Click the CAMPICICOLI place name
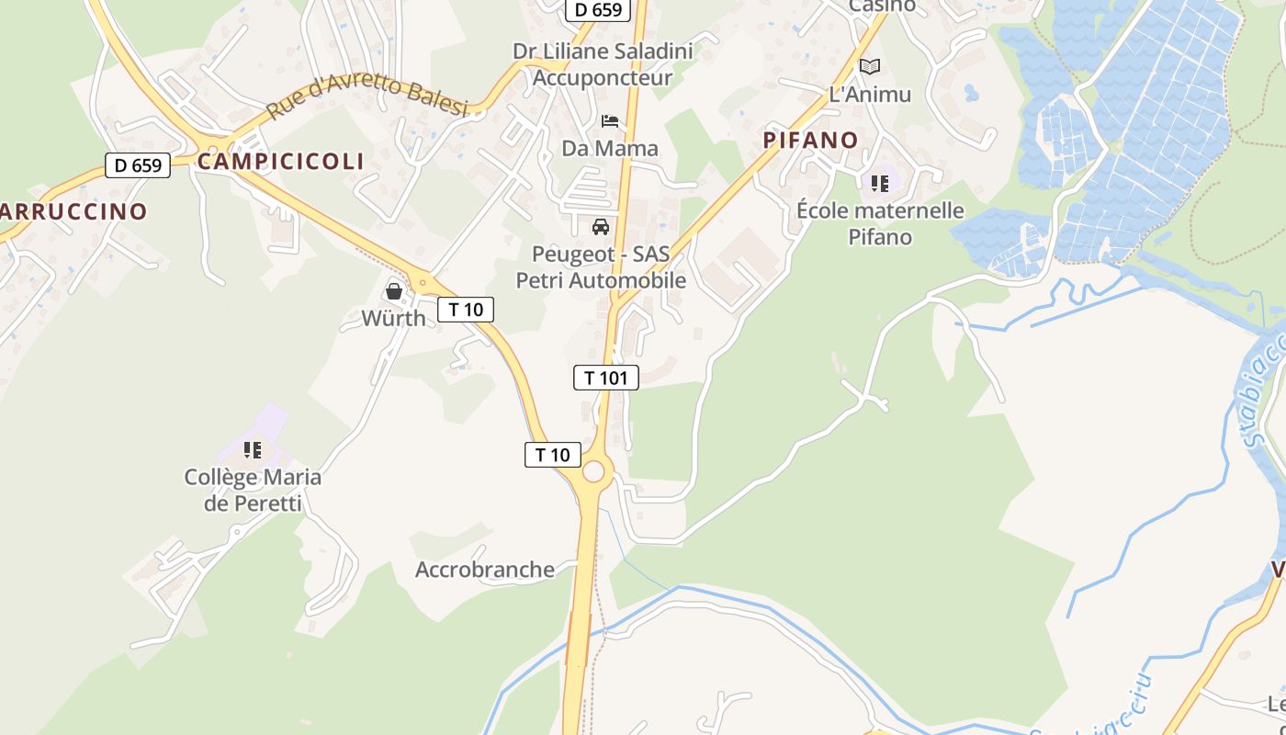(x=281, y=162)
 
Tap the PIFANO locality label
(x=811, y=141)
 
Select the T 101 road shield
(x=606, y=378)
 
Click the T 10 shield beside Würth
(x=466, y=310)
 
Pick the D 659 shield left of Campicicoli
(x=138, y=166)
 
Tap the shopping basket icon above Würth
(x=394, y=291)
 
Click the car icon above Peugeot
(x=601, y=227)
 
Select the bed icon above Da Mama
(x=610, y=121)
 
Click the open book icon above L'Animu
(x=870, y=66)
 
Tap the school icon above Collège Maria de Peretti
(x=253, y=450)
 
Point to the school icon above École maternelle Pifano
(x=880, y=184)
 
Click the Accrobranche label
(x=485, y=570)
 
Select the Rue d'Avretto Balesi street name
(x=367, y=96)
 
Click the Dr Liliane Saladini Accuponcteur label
(x=603, y=64)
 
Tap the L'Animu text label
(x=870, y=95)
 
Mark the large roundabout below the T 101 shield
(x=593, y=471)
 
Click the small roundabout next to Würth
(x=423, y=283)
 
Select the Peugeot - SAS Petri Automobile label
(x=601, y=267)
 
